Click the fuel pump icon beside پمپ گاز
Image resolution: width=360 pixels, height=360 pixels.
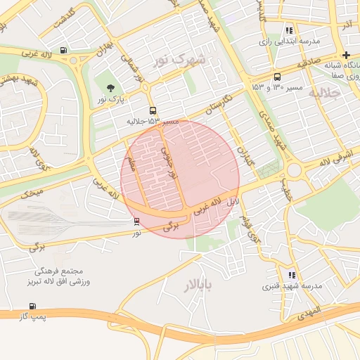tap(32, 306)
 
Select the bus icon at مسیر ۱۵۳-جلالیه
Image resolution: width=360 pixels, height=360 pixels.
tap(153, 110)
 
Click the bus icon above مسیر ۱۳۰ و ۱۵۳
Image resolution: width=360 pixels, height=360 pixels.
tap(276, 77)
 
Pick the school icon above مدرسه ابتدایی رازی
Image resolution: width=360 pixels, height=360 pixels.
tap(289, 30)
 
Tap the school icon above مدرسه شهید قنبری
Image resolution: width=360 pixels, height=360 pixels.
tap(292, 275)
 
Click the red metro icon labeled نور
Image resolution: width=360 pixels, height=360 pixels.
tap(137, 221)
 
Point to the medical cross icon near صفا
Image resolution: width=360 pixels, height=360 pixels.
tap(345, 55)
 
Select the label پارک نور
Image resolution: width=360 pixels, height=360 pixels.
tap(110, 100)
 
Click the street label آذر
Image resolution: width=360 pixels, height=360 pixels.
tap(345, 25)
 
